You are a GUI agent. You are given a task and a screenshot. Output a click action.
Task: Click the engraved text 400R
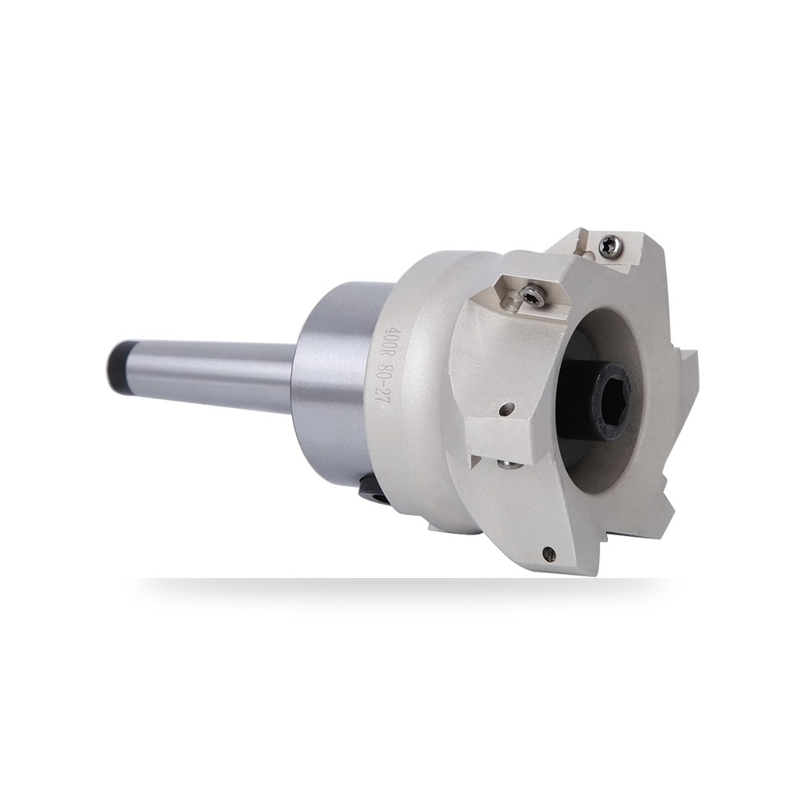[395, 341]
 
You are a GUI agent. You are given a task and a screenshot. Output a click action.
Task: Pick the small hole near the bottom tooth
[549, 553]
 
